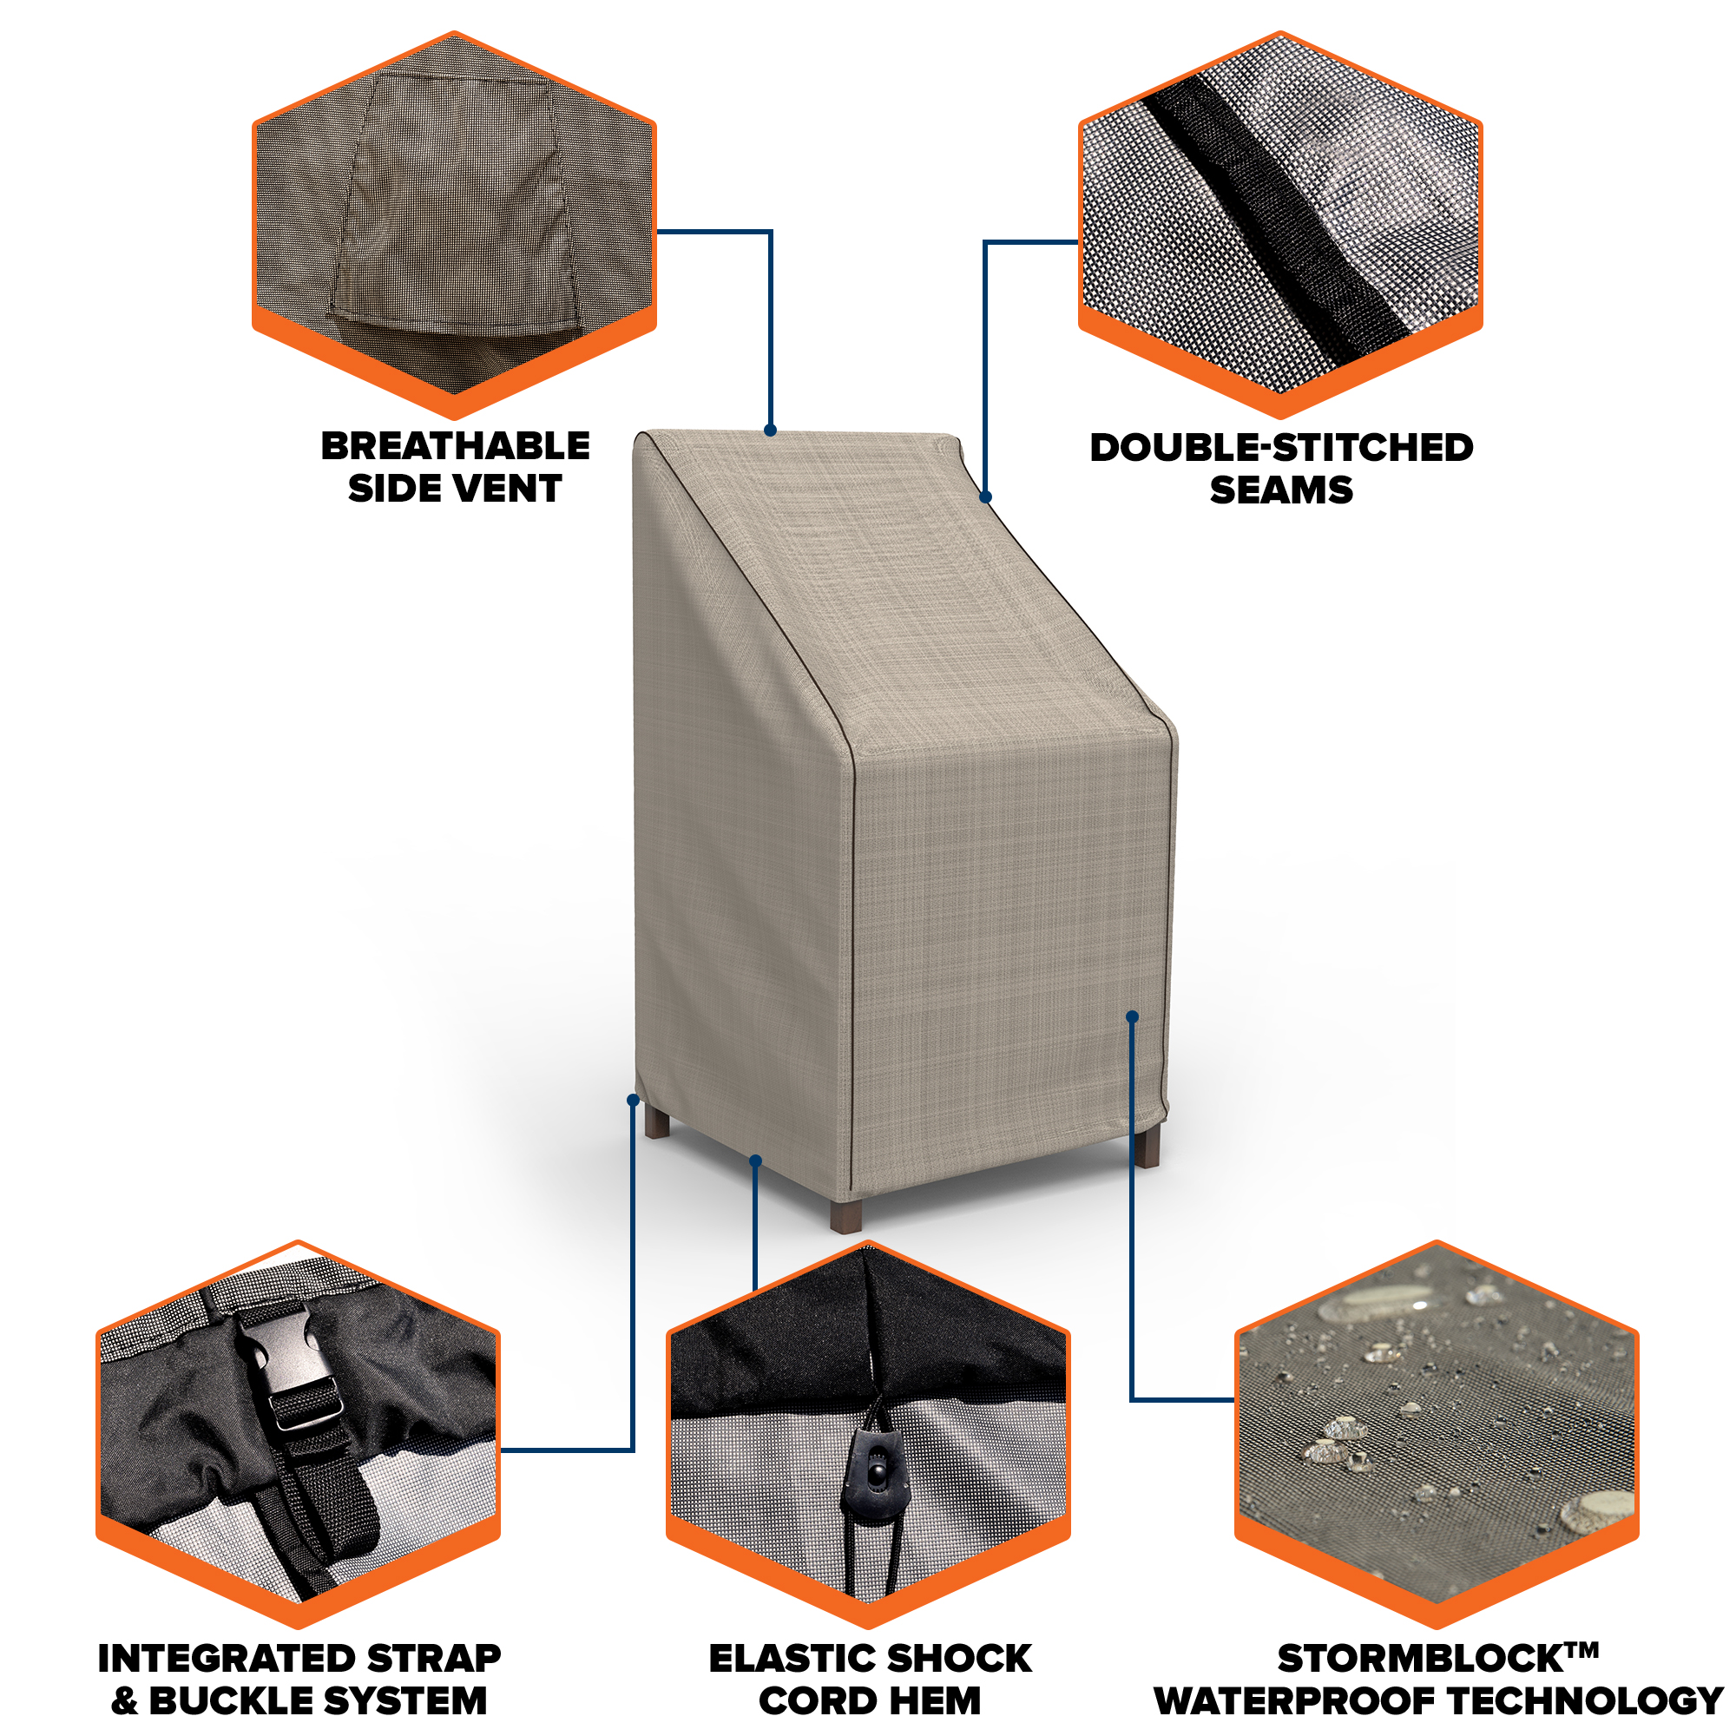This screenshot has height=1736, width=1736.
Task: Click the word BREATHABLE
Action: (x=456, y=445)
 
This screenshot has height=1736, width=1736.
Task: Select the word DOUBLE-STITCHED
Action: (x=1281, y=448)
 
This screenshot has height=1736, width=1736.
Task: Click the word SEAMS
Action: (x=1281, y=490)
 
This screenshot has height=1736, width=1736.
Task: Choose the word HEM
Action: (x=937, y=1701)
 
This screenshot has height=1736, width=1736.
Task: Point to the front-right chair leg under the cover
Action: (x=1147, y=1147)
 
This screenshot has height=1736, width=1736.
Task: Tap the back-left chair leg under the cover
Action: (x=657, y=1121)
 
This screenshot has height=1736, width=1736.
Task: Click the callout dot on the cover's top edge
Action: (x=770, y=431)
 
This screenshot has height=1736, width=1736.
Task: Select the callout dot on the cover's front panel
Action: (x=1132, y=1016)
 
